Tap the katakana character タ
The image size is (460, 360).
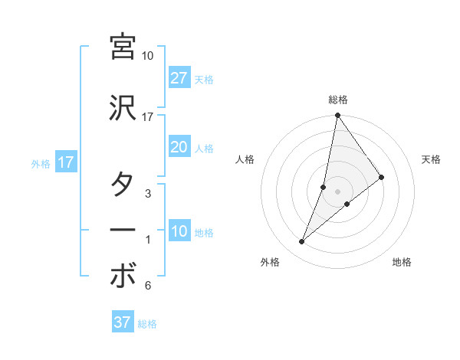(x=123, y=185)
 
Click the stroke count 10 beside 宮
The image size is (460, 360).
(x=148, y=56)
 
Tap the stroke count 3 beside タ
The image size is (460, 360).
(x=148, y=194)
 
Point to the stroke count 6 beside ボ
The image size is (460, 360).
(x=148, y=286)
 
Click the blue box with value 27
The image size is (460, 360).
(x=179, y=78)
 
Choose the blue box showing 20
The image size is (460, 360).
(x=179, y=148)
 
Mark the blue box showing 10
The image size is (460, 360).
(x=179, y=232)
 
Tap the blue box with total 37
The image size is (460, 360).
(x=123, y=322)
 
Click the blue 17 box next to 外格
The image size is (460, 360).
(x=65, y=163)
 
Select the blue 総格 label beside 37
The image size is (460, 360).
(x=147, y=324)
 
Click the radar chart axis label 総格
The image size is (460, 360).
(x=337, y=100)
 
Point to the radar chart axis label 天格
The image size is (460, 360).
(x=431, y=159)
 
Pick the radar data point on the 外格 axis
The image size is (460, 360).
(x=301, y=242)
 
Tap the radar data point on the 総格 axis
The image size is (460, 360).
(x=337, y=116)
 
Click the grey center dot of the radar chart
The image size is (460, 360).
(x=337, y=191)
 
